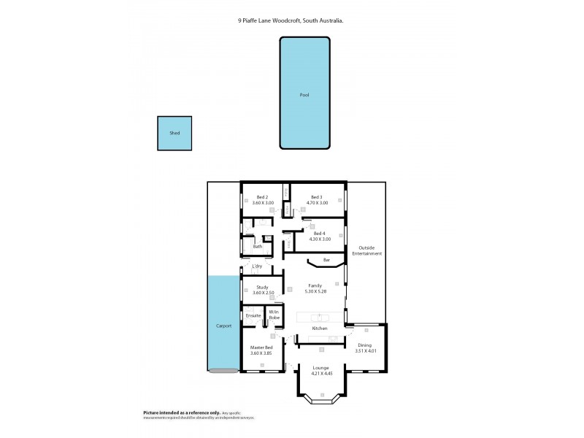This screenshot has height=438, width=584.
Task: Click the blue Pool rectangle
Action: [304, 95]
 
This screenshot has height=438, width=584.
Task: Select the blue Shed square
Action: [174, 134]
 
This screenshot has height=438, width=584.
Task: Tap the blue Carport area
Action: [223, 325]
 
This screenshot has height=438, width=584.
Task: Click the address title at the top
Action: [291, 21]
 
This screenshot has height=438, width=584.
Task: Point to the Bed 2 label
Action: [262, 197]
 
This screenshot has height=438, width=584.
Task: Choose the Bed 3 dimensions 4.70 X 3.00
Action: [316, 204]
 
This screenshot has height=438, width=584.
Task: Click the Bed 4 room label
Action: [319, 233]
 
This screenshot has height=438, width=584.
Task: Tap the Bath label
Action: [258, 247]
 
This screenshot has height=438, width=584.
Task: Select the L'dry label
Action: [257, 266]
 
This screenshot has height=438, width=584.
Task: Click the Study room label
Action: [262, 288]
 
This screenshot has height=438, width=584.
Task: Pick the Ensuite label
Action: [253, 316]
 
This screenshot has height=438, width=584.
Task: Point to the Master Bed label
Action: [261, 347]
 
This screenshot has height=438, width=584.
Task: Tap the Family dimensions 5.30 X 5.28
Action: [315, 291]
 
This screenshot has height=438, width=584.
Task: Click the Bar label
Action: [326, 260]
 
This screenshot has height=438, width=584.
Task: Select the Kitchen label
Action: [320, 328]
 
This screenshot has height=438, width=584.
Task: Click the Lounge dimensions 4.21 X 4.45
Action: [321, 374]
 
